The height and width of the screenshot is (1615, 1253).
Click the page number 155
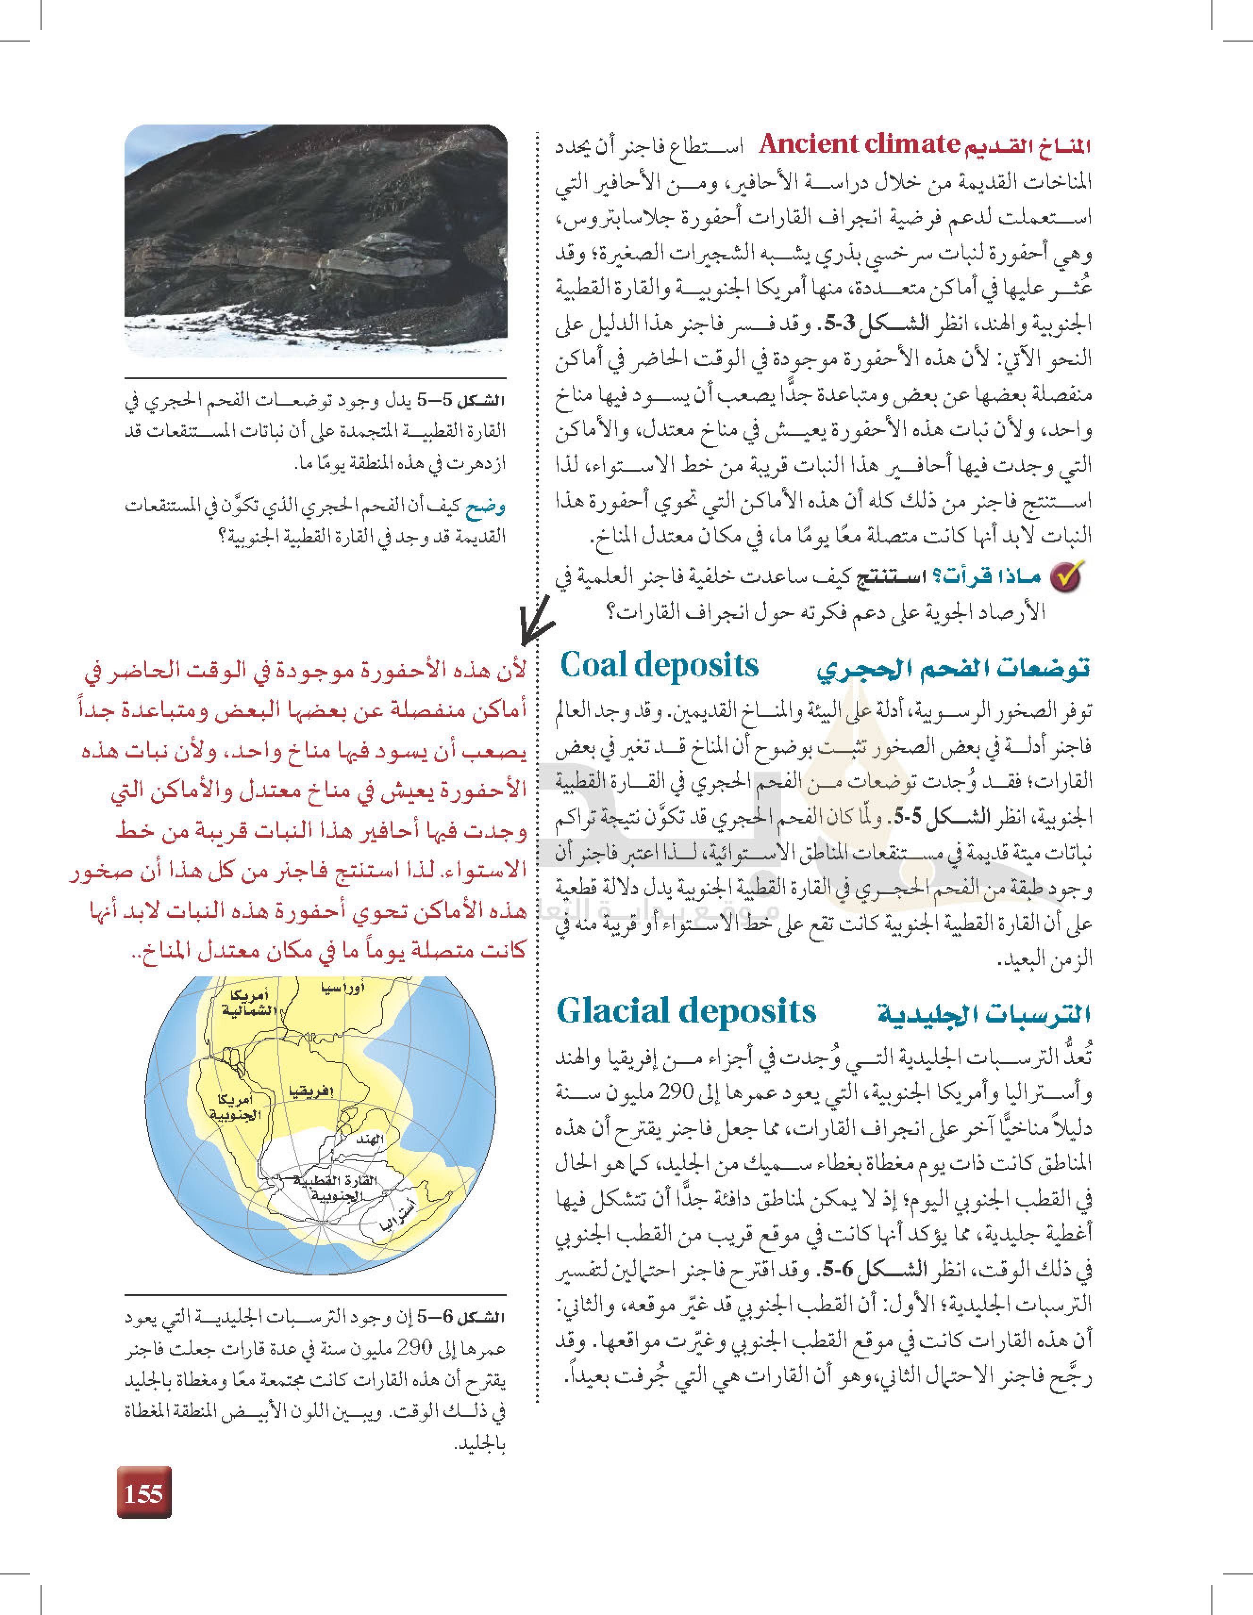[143, 1493]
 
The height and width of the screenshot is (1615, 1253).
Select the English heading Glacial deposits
[685, 1011]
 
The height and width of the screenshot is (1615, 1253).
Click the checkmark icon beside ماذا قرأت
[1066, 577]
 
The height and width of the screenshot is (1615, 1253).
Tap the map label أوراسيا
[342, 988]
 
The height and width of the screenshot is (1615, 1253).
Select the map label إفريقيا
[311, 1091]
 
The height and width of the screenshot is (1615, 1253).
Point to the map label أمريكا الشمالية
[249, 1003]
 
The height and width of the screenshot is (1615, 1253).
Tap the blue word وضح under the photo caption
[485, 507]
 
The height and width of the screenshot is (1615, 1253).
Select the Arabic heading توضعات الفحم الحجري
[952, 668]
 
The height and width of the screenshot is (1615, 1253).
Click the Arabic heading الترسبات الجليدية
[984, 1014]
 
